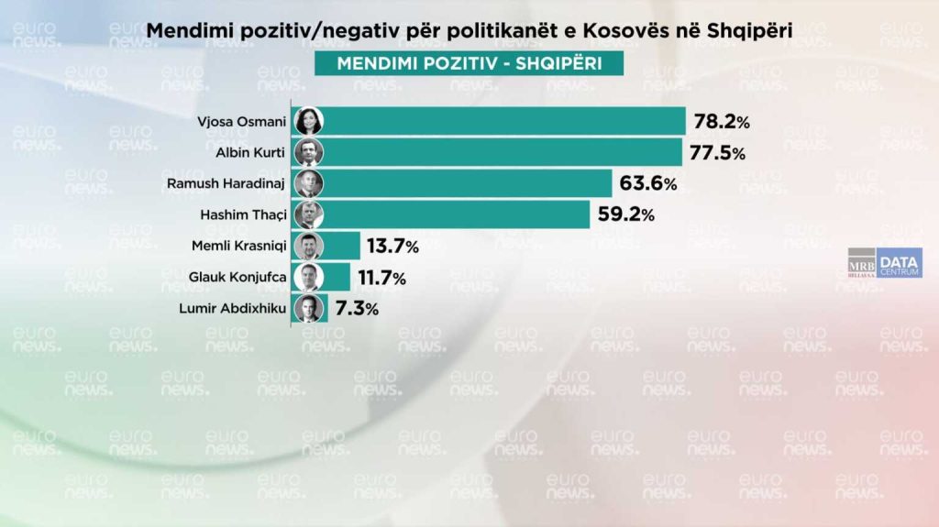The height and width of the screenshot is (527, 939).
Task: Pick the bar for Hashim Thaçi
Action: click(x=455, y=215)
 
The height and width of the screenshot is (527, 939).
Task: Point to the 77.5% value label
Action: click(x=718, y=153)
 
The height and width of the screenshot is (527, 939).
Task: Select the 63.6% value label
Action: click(x=648, y=184)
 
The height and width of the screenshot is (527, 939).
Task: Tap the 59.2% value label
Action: click(x=625, y=215)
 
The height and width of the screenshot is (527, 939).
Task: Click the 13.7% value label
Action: click(x=392, y=247)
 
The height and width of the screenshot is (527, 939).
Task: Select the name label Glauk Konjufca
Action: click(x=238, y=278)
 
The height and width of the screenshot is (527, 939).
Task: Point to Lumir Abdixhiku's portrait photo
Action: click(x=307, y=309)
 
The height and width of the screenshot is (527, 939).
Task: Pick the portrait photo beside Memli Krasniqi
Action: click(x=307, y=247)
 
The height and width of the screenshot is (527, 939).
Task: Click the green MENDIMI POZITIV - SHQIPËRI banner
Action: click(x=469, y=63)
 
